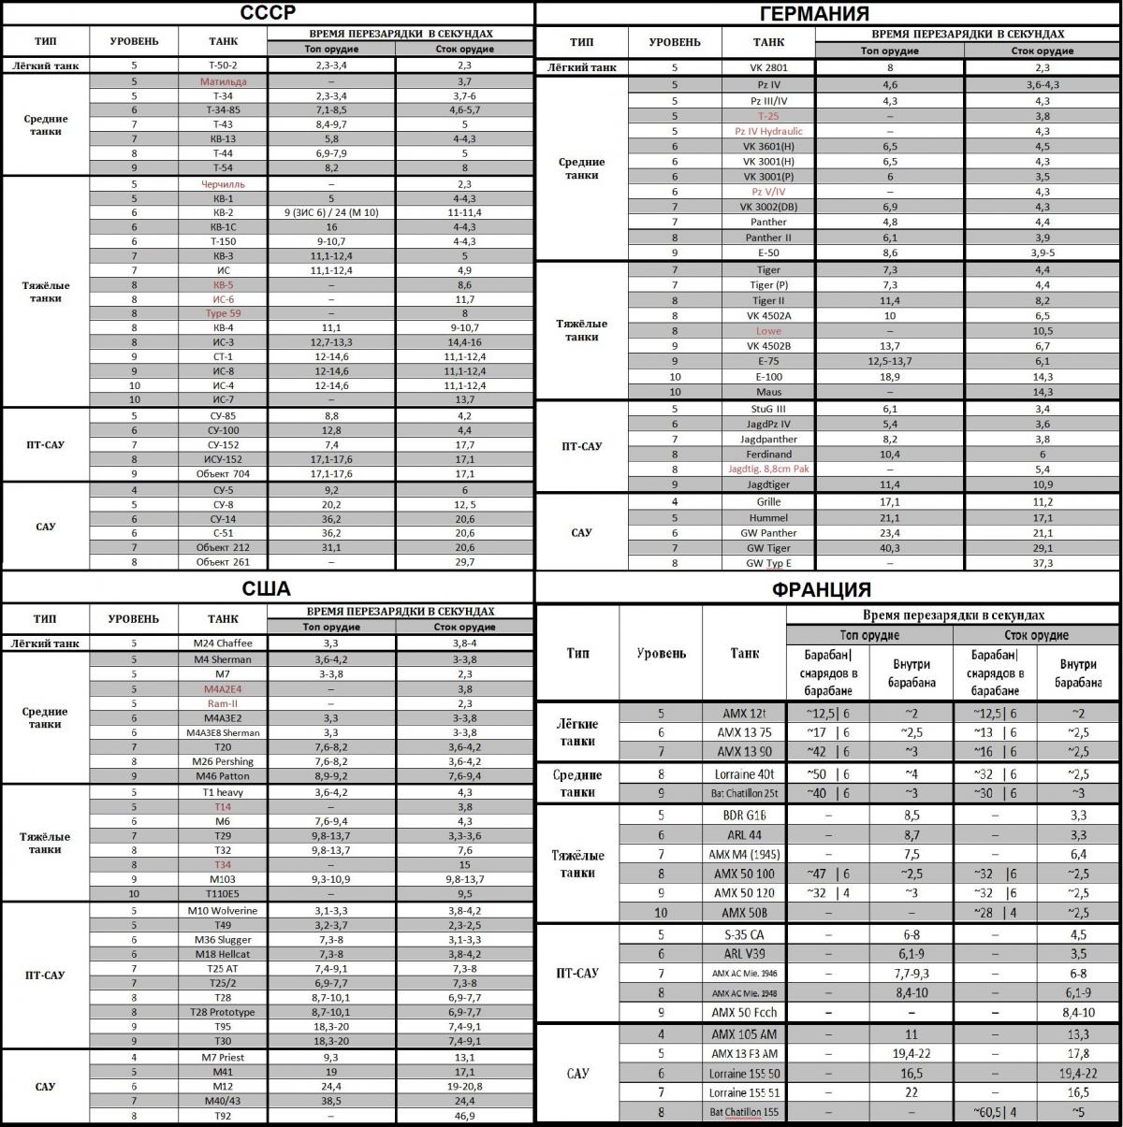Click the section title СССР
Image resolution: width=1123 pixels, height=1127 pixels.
click(268, 13)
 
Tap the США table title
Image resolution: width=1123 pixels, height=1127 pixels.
click(267, 589)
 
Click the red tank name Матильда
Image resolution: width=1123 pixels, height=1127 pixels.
click(223, 81)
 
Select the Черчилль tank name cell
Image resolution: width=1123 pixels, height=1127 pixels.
click(223, 184)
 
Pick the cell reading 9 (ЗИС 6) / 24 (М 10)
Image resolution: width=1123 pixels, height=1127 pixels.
click(331, 213)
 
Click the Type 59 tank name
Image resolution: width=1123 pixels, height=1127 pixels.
click(223, 313)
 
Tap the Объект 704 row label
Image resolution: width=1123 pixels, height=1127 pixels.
click(223, 473)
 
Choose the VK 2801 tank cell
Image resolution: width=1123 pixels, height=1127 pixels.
click(768, 67)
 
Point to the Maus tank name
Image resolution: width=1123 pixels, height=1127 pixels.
click(768, 392)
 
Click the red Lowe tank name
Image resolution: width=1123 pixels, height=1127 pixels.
click(768, 331)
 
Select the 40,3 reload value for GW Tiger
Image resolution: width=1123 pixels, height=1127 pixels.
click(889, 548)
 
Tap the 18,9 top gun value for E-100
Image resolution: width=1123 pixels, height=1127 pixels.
click(889, 376)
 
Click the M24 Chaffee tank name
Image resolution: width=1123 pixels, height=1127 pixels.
click(223, 643)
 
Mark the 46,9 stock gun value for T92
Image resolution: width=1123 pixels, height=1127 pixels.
click(464, 1116)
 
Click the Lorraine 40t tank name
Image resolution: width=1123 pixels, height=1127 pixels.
click(744, 774)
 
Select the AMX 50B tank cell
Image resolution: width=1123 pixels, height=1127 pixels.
click(744, 913)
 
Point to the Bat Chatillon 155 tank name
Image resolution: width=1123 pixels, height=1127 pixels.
click(744, 1113)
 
